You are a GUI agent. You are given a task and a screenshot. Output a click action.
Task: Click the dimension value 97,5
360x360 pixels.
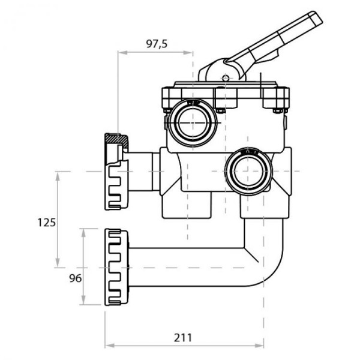pos(157,44)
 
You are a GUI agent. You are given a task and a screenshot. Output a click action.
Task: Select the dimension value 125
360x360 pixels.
pos(47,223)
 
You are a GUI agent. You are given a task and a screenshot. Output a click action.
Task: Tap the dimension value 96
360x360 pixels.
pos(76,278)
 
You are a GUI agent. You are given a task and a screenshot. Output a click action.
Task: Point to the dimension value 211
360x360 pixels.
pos(183,338)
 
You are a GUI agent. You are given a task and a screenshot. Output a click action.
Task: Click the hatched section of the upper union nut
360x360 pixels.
pos(116,140)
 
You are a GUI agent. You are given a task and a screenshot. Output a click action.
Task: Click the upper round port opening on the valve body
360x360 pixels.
pos(193,123)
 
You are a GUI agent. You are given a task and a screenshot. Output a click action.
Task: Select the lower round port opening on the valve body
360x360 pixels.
pos(248,171)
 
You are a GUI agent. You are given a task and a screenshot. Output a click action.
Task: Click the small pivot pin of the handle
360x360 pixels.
pos(226,78)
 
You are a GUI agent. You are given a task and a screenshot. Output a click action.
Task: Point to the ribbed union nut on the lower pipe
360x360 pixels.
pos(116,267)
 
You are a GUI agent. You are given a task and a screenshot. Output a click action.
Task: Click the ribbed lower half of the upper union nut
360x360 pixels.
pos(116,185)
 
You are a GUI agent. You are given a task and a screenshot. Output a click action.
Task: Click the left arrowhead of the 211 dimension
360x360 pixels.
pos(110,346)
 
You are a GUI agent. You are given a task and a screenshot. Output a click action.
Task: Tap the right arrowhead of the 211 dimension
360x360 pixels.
pos(259,346)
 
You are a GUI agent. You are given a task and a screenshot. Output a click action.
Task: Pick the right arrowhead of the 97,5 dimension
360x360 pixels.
pos(188,53)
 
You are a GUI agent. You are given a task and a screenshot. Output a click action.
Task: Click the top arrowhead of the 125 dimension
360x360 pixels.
pos(58,176)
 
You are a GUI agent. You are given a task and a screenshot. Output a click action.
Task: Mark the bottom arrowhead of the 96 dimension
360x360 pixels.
pos(83,300)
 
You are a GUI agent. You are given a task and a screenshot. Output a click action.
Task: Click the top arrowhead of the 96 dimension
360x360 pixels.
pos(83,233)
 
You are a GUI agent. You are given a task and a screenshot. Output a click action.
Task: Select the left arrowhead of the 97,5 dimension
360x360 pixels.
pos(122,53)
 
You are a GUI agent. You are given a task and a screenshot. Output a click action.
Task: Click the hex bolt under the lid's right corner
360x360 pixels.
pos(278,111)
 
